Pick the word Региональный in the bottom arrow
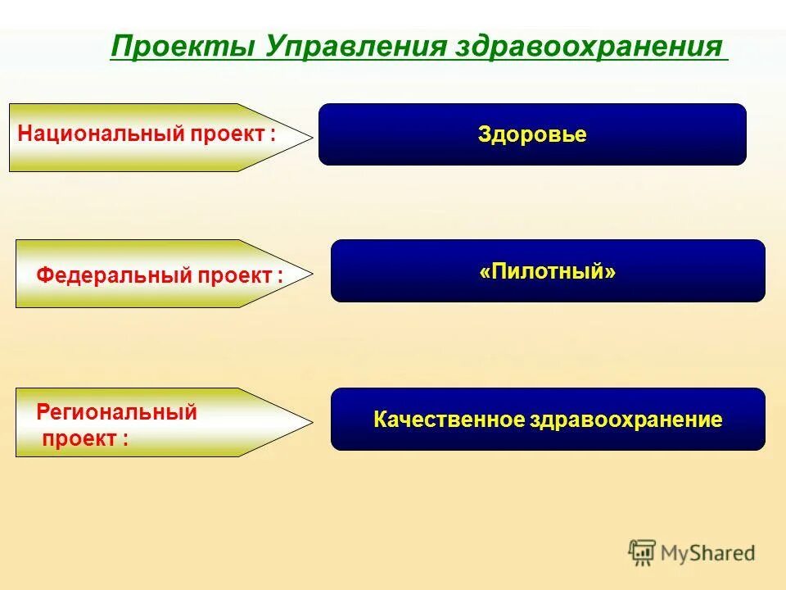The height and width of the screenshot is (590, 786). (x=116, y=412)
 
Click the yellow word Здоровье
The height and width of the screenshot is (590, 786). (x=532, y=135)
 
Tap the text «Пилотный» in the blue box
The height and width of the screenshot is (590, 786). (x=548, y=271)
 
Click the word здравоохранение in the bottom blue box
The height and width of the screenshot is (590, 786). (x=625, y=420)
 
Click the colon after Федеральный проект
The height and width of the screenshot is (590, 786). (x=279, y=277)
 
